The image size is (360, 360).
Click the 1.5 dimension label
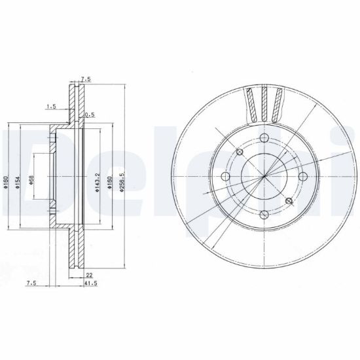52,107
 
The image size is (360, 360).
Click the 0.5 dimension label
90,115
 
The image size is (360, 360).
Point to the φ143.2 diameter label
98,182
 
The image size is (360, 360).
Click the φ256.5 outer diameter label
122,182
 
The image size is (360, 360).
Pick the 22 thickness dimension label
89,275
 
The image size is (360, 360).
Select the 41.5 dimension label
91,283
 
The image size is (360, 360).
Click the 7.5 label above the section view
86,79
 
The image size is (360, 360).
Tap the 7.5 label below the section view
31,283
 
